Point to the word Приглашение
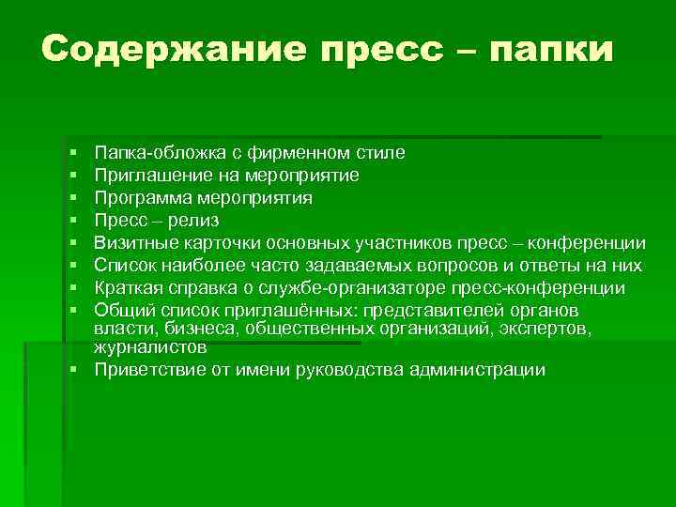point(147,175)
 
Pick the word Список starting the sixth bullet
point(124,266)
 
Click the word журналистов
point(149,346)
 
